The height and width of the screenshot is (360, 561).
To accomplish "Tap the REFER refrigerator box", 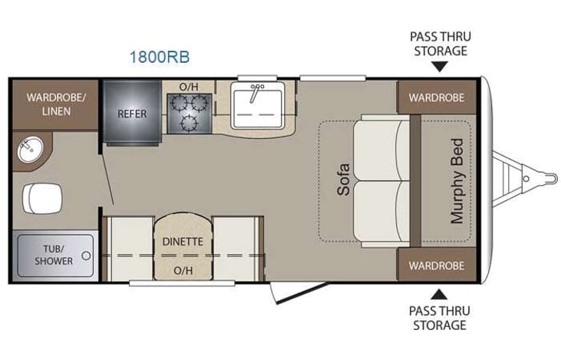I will [x=132, y=114].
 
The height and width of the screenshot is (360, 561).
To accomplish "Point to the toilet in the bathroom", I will [x=40, y=198].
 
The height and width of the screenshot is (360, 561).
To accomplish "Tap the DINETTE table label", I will [x=183, y=240].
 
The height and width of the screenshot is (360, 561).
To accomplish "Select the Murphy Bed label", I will [x=457, y=180].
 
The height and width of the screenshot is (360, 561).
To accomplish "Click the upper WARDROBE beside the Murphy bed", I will [x=436, y=97].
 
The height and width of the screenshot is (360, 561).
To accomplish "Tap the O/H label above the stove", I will [x=189, y=87].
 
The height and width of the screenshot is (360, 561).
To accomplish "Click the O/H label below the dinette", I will [x=183, y=270].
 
